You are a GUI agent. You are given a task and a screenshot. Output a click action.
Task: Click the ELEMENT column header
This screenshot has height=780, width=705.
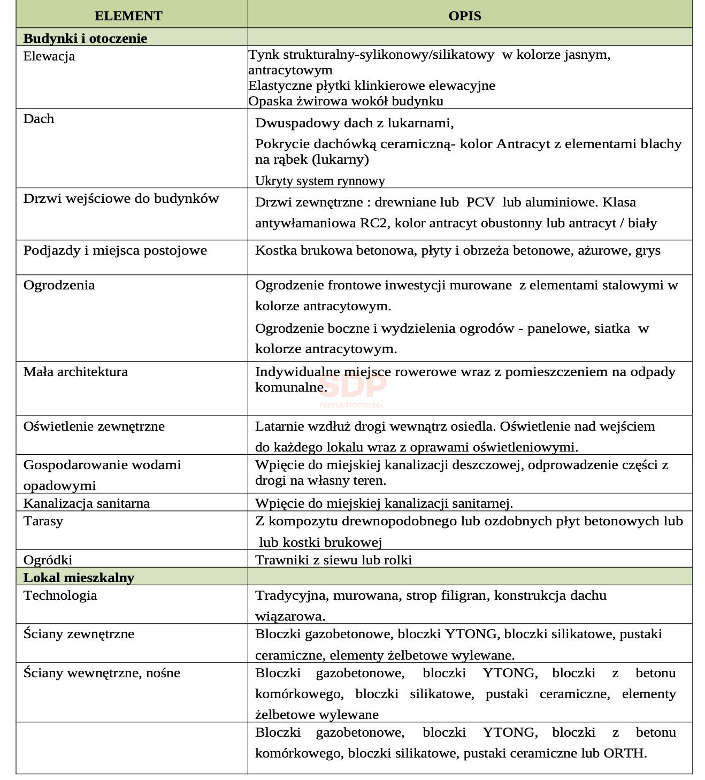[128, 16]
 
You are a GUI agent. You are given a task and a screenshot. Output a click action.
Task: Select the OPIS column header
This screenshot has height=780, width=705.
[464, 16]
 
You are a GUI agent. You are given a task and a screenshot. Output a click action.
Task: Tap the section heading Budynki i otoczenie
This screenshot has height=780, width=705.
[85, 39]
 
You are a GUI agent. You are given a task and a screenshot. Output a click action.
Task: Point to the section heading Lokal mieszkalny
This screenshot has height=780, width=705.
[79, 578]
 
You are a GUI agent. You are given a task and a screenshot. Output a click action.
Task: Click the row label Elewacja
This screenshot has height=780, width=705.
[49, 56]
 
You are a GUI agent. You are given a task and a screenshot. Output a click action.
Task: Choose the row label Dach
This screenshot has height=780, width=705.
[39, 119]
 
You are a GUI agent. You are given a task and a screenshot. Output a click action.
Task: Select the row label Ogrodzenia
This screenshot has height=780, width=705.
[59, 285]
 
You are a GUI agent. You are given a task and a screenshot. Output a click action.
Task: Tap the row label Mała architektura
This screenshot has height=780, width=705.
[75, 372]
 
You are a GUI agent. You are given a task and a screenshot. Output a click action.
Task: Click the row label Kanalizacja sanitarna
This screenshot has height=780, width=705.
[86, 503]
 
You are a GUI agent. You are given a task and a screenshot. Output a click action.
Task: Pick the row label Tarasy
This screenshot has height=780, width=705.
[43, 521]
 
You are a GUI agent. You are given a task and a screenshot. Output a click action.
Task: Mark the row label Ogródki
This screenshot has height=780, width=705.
[48, 560]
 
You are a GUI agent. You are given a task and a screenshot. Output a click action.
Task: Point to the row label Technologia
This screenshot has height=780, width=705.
[60, 595]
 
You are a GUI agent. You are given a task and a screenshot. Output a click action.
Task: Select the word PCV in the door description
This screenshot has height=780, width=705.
[480, 202]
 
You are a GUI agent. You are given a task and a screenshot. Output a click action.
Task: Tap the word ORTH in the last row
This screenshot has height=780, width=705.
[624, 753]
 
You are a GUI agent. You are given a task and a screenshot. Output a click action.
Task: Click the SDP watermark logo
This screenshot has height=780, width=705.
[352, 388]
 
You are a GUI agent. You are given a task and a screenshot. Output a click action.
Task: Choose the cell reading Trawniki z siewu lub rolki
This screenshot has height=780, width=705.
[333, 560]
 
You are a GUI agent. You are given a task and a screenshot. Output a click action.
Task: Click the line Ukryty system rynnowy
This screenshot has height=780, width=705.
[320, 181]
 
